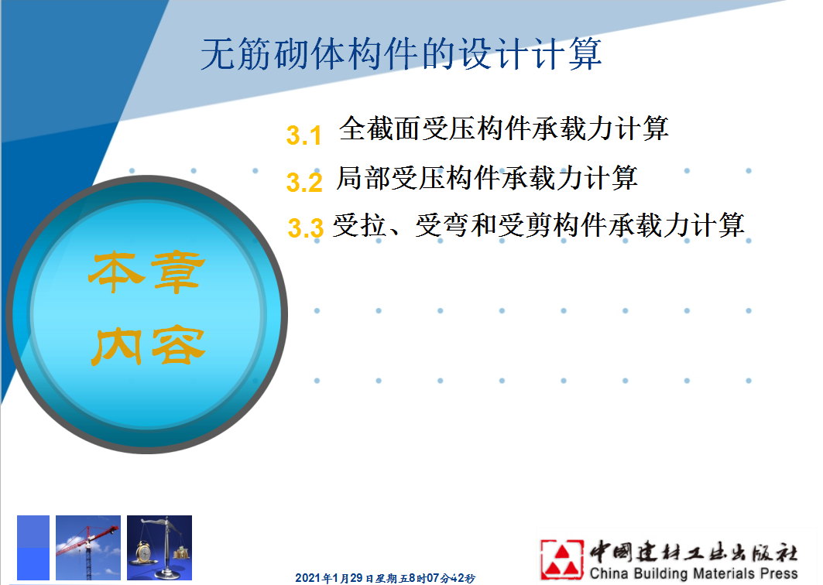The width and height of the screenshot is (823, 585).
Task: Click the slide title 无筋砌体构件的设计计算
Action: coord(401,53)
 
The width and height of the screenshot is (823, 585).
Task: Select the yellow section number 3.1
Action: coord(304,135)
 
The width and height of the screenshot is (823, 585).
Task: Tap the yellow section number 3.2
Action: coord(304,183)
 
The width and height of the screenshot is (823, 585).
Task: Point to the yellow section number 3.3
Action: coord(306,228)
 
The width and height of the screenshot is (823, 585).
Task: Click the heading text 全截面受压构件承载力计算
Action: coord(503,128)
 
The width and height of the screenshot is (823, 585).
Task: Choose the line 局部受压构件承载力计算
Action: coord(486,178)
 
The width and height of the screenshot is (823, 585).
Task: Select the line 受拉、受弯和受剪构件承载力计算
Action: coord(539,226)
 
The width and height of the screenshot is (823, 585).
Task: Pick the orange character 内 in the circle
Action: coord(117,346)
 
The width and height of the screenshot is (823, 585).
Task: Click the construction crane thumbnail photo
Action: coord(88,548)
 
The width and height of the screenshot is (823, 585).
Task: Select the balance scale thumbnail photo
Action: coord(159,548)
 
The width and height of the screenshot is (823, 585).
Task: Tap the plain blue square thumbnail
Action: coord(33,548)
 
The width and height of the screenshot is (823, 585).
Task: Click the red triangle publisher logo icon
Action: coord(561,559)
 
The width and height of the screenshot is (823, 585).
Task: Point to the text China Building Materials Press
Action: coord(694,573)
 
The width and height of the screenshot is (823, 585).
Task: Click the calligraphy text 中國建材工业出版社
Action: coord(694,552)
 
